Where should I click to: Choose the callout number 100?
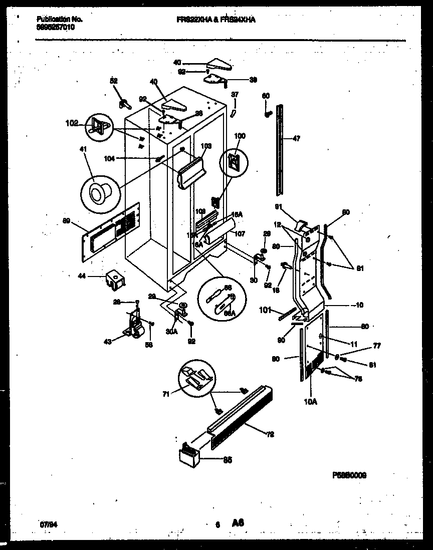click(x=241, y=136)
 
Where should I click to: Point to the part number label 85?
click(x=227, y=461)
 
